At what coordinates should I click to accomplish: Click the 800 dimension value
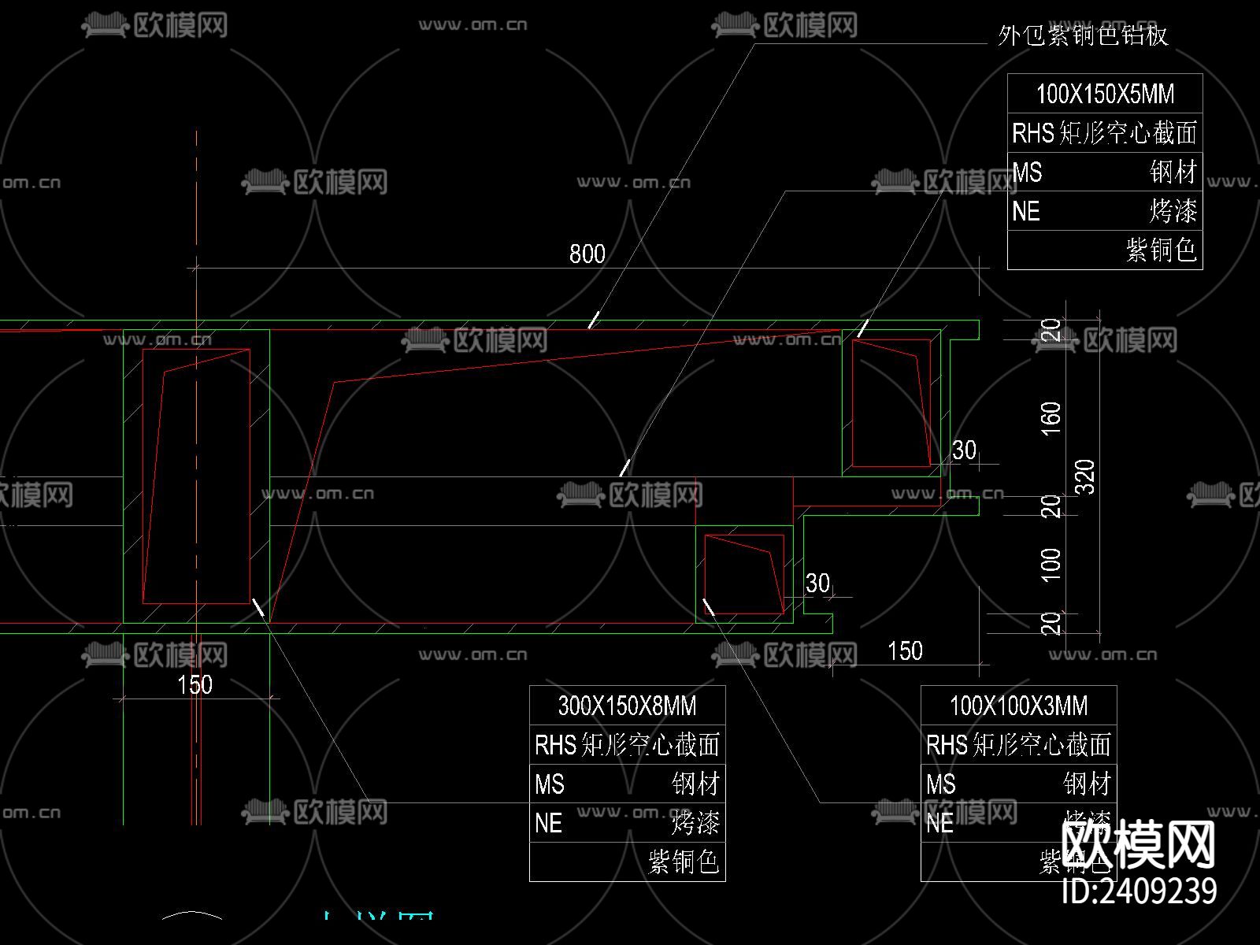click(x=587, y=254)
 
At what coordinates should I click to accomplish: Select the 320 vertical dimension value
click(x=1086, y=476)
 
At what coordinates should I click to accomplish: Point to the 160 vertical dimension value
click(x=1051, y=417)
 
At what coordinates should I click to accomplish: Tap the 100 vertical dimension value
click(x=1051, y=565)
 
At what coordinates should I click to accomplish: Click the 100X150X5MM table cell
click(x=1105, y=94)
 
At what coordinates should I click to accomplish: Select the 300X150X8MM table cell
click(x=627, y=706)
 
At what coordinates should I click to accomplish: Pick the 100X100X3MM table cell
click(x=1018, y=706)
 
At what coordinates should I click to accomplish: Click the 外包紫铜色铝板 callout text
click(x=1082, y=35)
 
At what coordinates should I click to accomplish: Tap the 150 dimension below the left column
click(x=195, y=684)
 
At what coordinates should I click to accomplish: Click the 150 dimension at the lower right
click(x=905, y=651)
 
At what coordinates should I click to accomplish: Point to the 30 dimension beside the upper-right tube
click(x=964, y=450)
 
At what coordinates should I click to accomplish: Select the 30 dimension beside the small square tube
click(x=817, y=583)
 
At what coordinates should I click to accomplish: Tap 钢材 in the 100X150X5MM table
click(x=1173, y=172)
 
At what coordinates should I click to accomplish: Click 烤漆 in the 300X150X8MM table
click(x=695, y=824)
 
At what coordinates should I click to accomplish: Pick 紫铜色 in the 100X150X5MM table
click(x=1162, y=250)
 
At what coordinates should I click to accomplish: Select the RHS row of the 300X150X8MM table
click(x=627, y=745)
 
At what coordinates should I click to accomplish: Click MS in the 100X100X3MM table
click(x=941, y=784)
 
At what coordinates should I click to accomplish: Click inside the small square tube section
click(x=743, y=575)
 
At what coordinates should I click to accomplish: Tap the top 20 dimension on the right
click(x=1051, y=330)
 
